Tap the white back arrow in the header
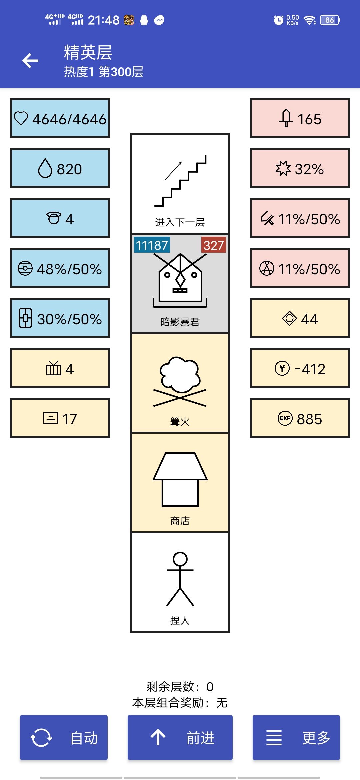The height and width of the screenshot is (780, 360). [x=30, y=61]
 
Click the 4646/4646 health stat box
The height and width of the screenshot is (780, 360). [x=60, y=118]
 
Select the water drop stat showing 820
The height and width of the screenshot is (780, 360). [x=60, y=168]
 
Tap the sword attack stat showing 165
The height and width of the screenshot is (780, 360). [x=300, y=118]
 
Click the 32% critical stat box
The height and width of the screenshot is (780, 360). [x=300, y=168]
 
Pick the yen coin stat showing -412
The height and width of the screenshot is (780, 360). [x=300, y=368]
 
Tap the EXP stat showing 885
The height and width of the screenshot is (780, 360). [x=300, y=418]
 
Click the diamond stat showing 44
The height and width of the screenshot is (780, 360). [x=300, y=318]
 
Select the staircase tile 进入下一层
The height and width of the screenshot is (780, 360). [x=180, y=184]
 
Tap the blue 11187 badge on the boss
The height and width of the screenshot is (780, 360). [x=152, y=245]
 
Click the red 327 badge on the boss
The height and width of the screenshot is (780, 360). [x=214, y=245]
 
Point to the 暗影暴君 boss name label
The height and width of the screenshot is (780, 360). [x=180, y=322]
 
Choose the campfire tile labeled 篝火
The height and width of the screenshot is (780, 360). [x=180, y=383]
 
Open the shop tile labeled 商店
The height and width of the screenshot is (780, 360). [x=180, y=482]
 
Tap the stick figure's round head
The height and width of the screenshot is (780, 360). [x=180, y=559]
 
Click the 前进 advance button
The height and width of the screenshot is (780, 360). [x=180, y=737]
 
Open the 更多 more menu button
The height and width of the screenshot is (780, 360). [x=296, y=737]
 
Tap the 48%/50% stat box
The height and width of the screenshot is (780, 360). [x=60, y=268]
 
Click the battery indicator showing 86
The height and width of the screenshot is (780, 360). [x=330, y=20]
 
